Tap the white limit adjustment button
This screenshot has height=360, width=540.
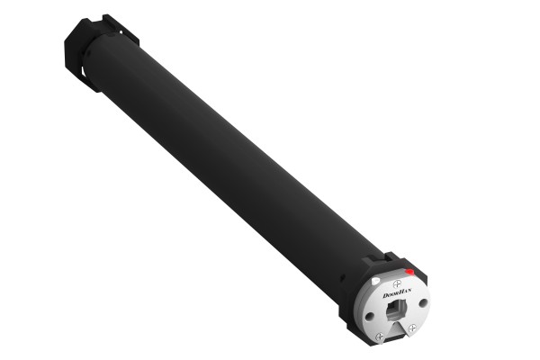coord(375,281)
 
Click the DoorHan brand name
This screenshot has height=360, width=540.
coord(397,293)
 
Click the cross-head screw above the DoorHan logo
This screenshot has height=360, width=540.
coord(397,283)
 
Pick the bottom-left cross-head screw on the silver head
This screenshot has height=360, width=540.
coord(380,337)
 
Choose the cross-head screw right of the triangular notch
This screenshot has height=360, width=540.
coord(411,328)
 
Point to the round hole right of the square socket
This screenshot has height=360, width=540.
coord(423,302)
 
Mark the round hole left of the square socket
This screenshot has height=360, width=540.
coord(369,316)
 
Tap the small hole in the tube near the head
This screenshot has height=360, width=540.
coord(342,277)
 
